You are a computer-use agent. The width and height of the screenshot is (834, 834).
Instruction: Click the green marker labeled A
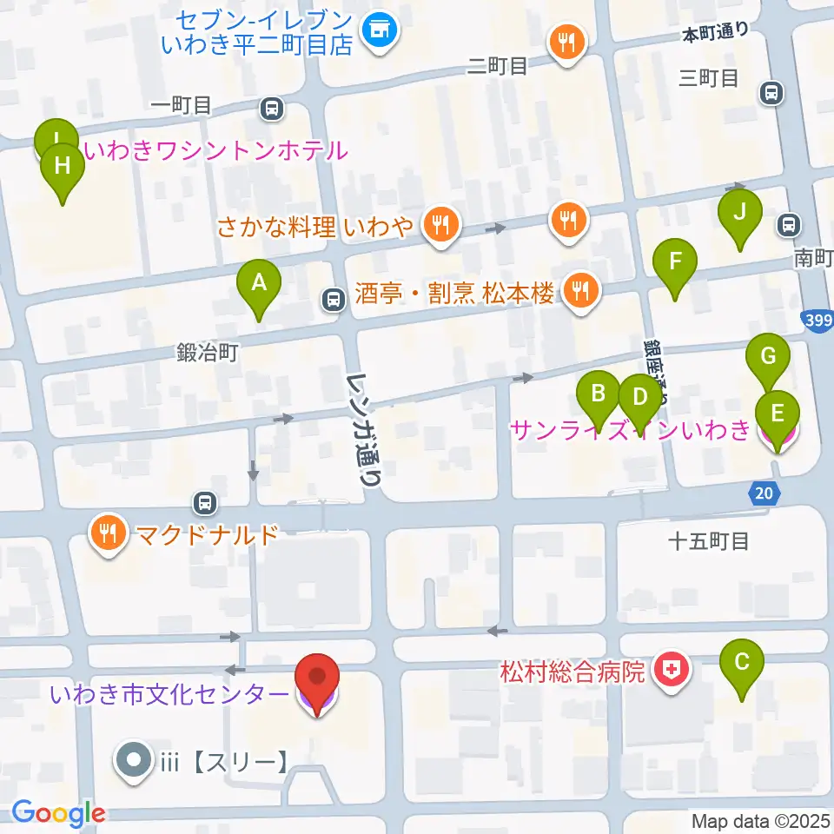258,282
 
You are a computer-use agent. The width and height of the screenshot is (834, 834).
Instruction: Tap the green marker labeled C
742,663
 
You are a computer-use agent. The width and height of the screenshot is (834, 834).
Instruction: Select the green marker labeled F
675,261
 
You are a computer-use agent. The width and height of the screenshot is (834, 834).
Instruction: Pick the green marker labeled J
739,212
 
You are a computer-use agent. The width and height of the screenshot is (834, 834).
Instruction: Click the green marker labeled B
598,394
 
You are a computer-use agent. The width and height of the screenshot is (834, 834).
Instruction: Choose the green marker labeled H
63,166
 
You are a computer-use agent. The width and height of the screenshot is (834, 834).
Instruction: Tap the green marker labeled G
768,356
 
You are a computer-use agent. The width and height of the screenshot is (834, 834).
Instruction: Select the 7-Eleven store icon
378,32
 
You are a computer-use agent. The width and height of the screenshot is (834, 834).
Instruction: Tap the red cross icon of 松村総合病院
670,671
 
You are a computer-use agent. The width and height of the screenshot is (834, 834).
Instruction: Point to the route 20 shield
763,493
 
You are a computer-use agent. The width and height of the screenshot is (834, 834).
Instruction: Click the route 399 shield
818,321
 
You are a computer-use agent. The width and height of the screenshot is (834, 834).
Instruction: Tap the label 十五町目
709,542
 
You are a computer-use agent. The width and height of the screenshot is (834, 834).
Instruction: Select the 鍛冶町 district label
207,352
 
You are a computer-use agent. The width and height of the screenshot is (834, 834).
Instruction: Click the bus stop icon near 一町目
272,108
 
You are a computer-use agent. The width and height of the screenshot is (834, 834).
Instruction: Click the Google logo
59,813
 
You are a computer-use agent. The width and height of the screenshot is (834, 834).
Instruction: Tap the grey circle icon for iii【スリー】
134,762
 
